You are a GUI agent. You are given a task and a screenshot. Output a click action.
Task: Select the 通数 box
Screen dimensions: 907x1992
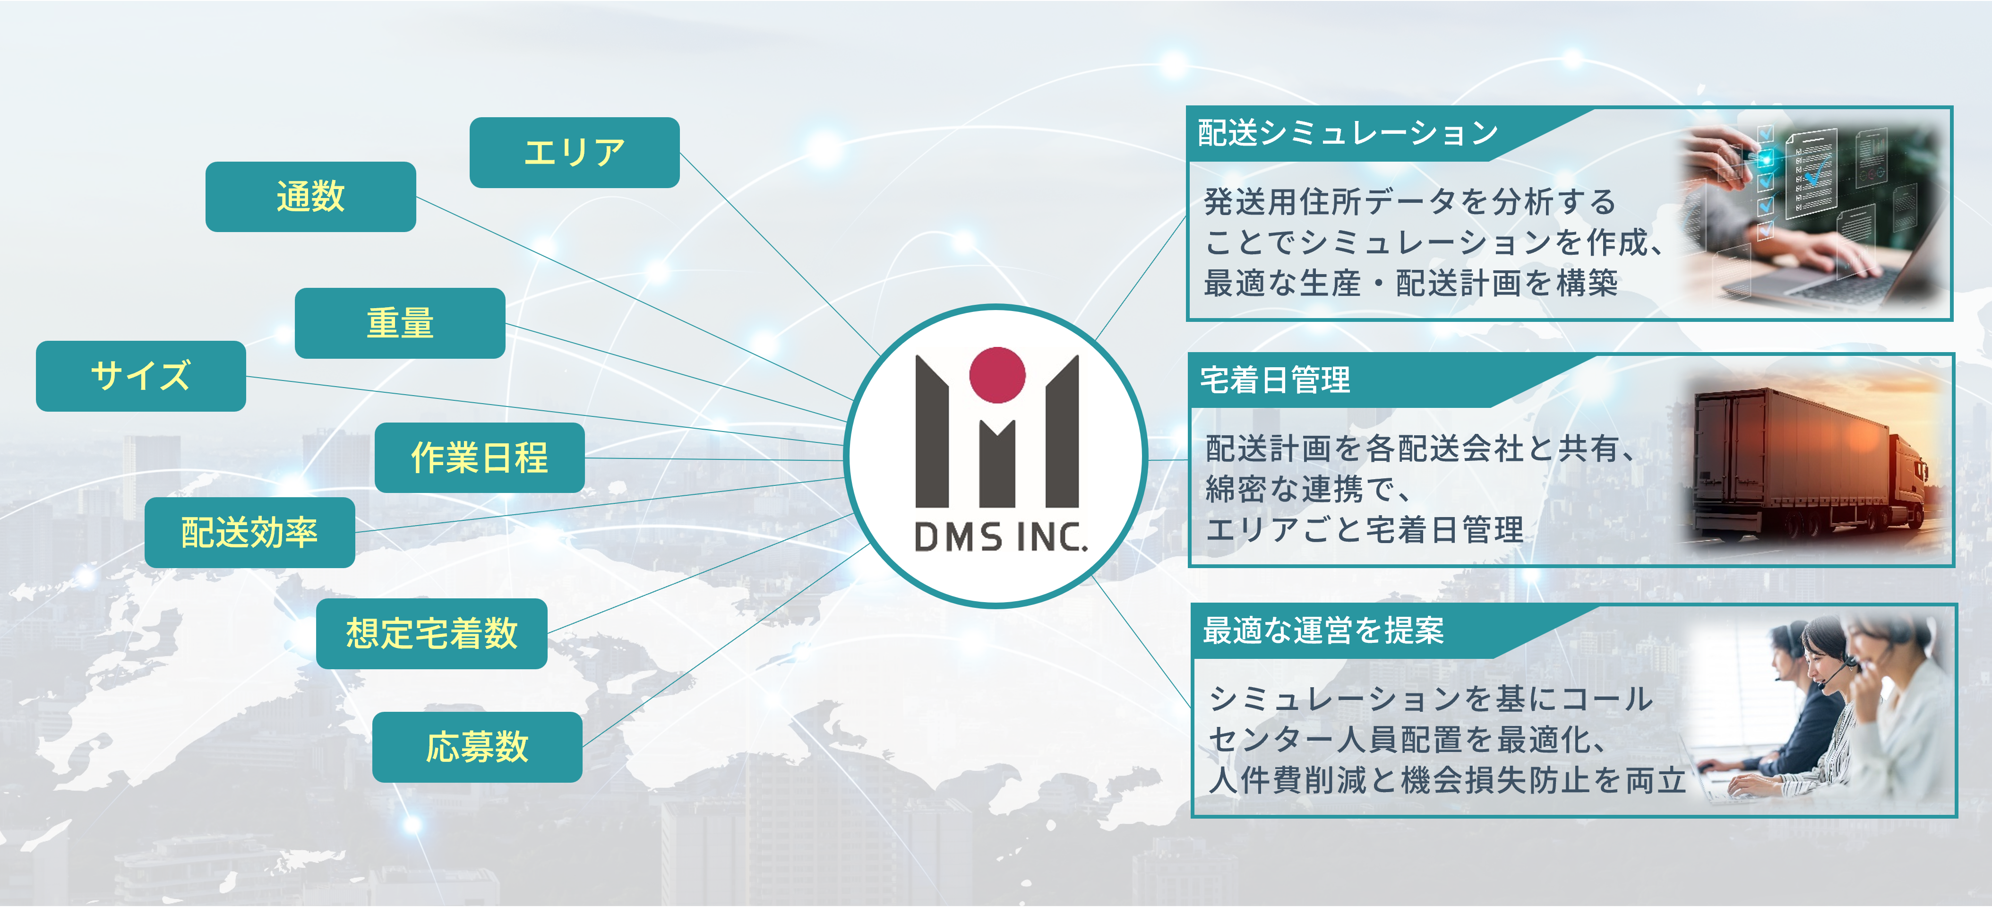pos(310,197)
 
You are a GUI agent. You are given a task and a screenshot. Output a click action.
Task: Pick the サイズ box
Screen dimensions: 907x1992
pos(141,376)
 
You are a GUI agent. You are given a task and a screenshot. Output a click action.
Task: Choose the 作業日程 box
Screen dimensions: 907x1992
pos(480,458)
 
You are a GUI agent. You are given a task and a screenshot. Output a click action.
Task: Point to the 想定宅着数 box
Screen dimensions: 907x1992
pos(431,633)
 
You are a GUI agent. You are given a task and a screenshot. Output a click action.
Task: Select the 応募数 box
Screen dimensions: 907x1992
pos(477,747)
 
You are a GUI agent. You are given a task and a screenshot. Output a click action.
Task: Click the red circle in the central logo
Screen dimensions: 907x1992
pos(997,375)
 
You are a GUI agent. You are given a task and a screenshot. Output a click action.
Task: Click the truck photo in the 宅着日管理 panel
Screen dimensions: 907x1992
pos(1810,464)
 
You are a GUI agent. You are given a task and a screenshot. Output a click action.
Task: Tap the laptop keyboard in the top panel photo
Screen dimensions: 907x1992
pos(1856,286)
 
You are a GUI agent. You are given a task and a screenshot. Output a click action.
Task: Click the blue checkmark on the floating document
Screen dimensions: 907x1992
pos(1817,170)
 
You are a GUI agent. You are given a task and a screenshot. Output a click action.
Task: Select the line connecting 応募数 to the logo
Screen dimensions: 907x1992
pos(727,646)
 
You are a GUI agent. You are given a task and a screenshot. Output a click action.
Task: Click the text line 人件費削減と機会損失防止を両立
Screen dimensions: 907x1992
pos(1446,780)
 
